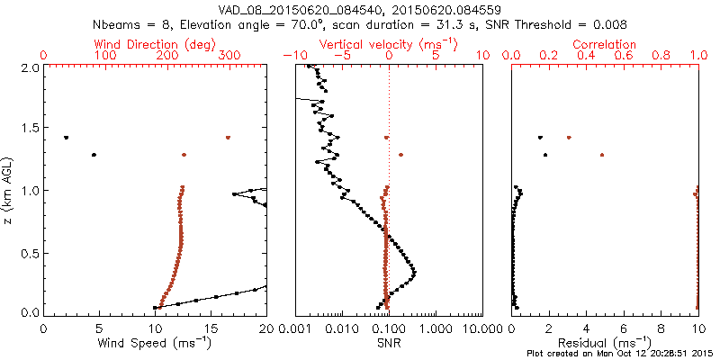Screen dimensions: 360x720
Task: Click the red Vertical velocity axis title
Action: pos(389,44)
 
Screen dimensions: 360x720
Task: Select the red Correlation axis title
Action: pos(606,44)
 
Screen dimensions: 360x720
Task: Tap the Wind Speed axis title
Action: pos(156,342)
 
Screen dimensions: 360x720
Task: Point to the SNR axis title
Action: pos(389,342)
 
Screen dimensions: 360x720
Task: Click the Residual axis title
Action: pos(606,342)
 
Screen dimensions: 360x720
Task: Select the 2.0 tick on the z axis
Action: pos(30,67)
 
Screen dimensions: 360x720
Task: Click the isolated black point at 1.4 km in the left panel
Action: pos(67,138)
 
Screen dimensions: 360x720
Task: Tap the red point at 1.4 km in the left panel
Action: pos(228,138)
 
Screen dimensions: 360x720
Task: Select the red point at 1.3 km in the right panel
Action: pos(601,155)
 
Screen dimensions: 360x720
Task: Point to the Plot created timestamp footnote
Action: pos(622,354)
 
